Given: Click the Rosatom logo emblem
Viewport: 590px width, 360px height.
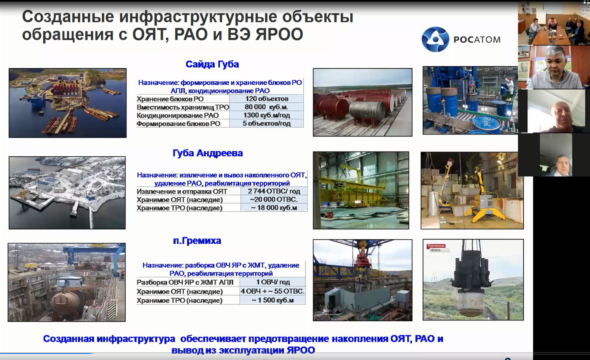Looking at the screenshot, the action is coord(435,39).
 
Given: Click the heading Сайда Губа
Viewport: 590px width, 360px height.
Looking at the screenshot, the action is coord(212,64).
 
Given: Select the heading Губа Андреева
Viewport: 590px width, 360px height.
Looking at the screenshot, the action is coord(208,153).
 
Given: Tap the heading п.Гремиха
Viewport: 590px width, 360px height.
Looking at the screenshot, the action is coord(197,241).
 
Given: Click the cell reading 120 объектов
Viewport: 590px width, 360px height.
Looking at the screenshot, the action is coord(267,99).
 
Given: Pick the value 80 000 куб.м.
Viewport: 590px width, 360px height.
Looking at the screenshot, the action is coord(266,107).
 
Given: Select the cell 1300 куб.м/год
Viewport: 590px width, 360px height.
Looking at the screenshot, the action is coord(266,115).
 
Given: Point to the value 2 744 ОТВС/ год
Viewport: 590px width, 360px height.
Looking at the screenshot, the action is coord(274,191).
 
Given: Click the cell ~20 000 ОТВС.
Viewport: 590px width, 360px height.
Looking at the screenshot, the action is coord(274,199).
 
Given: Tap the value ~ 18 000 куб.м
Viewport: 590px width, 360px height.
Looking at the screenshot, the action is coord(274,208).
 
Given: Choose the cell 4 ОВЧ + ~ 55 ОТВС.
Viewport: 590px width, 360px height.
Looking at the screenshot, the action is coord(272,291).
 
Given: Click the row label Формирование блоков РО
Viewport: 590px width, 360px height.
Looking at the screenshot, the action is coord(178,123).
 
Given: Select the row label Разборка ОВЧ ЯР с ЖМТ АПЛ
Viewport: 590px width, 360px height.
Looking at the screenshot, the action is coord(185,282).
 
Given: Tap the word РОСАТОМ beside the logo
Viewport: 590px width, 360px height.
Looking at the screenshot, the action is coord(477,40).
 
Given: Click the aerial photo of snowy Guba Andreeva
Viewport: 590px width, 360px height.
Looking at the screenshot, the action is coord(67,193).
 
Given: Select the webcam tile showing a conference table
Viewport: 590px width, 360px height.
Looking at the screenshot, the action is coord(554,24).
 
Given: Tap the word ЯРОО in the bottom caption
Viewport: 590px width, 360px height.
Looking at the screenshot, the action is coord(301,350).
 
